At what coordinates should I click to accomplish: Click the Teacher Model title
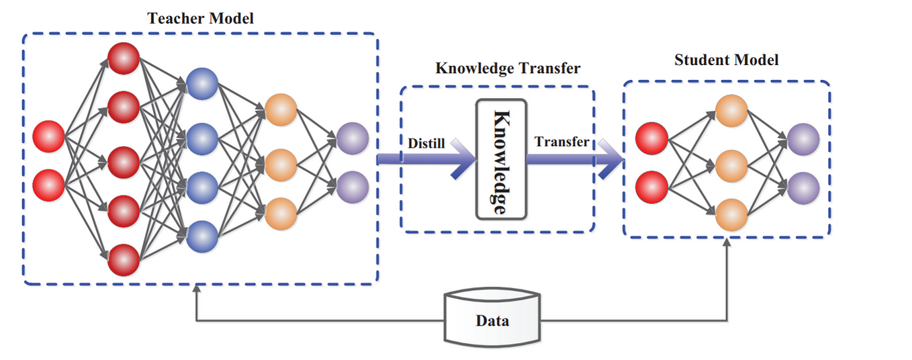(x=201, y=18)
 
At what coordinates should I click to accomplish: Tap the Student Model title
(x=726, y=60)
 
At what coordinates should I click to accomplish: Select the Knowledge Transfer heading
(x=508, y=69)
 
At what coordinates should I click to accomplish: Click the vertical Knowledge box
(x=500, y=159)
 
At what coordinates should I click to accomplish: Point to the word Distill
(x=426, y=142)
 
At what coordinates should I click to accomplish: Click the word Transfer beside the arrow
(x=561, y=142)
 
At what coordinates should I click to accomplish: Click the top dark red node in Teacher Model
(x=124, y=58)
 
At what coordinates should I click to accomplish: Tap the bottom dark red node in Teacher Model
(x=124, y=259)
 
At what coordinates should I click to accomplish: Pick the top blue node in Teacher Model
(x=202, y=84)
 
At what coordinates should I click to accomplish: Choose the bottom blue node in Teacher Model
(x=202, y=236)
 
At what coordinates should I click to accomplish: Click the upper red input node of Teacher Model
(x=49, y=136)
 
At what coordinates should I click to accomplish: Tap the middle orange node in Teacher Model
(x=281, y=163)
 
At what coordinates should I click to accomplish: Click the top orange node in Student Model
(x=731, y=111)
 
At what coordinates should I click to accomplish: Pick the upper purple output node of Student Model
(x=803, y=139)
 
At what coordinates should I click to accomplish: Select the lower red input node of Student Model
(x=650, y=187)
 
